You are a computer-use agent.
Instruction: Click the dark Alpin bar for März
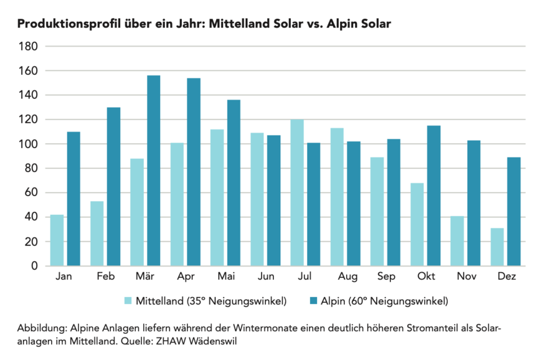tap(153, 171)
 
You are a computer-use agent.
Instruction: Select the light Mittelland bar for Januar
tap(57, 240)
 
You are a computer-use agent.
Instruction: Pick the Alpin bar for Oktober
tap(433, 196)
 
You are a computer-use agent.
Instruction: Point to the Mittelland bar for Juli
tap(297, 192)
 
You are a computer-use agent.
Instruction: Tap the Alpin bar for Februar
tap(113, 187)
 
